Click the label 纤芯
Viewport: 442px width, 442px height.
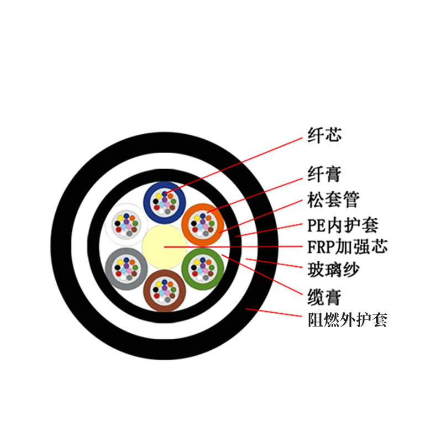324,135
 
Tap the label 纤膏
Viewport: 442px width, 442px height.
324,174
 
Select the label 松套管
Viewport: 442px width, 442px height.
333,200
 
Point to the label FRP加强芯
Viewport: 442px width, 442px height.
348,246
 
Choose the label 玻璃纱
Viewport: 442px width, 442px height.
333,270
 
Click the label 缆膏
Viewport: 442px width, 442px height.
324,297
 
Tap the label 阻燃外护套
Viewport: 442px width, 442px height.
348,320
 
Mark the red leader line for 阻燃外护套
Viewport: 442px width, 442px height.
273,312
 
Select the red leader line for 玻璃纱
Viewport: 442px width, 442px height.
273,263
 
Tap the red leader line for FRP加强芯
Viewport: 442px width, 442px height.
233,246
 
